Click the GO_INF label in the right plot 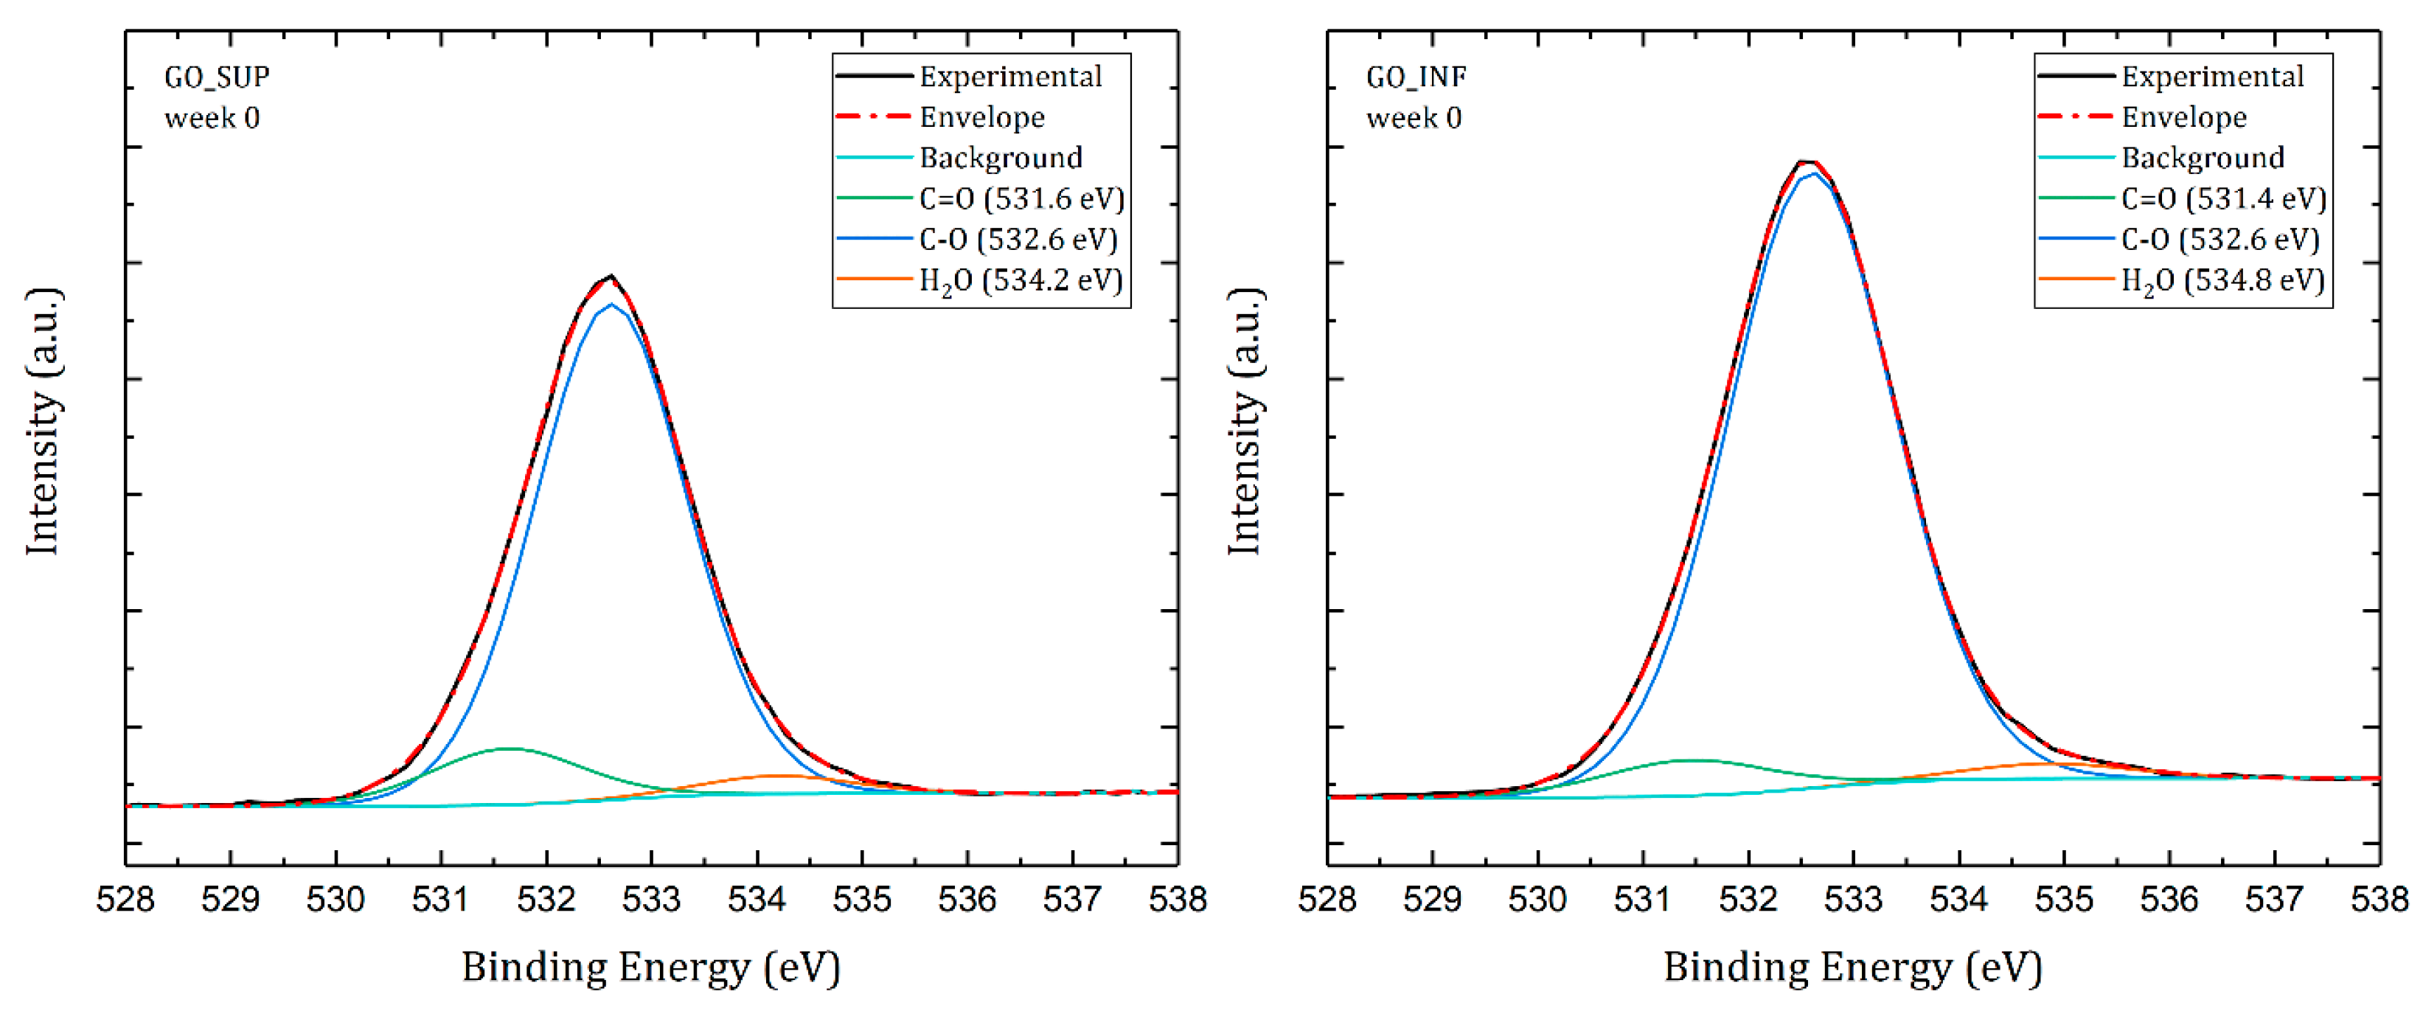click(1416, 77)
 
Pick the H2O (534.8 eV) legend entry click(2222, 281)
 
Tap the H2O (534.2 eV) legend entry click(1021, 281)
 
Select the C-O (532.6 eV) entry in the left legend click(1018, 240)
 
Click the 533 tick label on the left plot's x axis click(651, 900)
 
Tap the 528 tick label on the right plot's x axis click(1327, 900)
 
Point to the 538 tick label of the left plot click(1177, 900)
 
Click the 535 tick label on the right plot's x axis click(2064, 900)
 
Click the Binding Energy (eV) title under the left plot click(651, 967)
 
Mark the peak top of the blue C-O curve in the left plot click(612, 304)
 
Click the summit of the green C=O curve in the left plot click(509, 748)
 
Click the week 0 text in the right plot click(1414, 119)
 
